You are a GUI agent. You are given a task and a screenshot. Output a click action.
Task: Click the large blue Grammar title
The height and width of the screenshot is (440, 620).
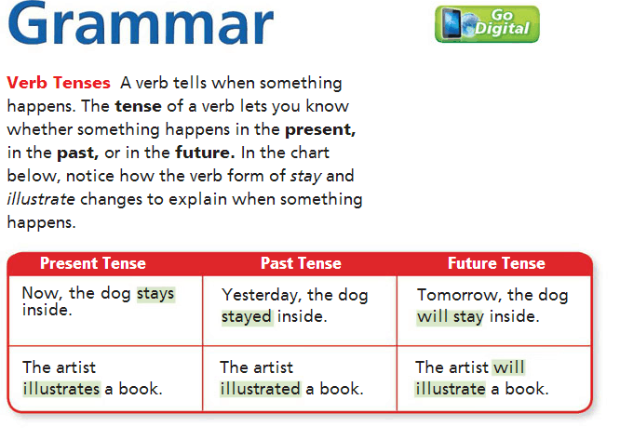pyautogui.click(x=141, y=23)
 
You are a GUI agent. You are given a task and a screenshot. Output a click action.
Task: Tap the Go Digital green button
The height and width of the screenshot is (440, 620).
pyautogui.click(x=487, y=24)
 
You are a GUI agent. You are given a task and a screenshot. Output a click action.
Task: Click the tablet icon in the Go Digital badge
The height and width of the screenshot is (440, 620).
pyautogui.click(x=452, y=23)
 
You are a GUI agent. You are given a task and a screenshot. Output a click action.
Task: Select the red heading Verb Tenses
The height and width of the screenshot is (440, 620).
pyautogui.click(x=59, y=83)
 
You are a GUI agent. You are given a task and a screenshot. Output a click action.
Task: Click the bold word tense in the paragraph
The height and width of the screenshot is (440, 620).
pyautogui.click(x=138, y=106)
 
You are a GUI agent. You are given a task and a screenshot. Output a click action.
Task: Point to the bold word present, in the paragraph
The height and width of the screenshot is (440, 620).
pyautogui.click(x=320, y=130)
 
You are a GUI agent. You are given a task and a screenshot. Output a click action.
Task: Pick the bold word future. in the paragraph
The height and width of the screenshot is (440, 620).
pyautogui.click(x=205, y=153)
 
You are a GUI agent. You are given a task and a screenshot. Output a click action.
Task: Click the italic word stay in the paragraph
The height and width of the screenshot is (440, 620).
pyautogui.click(x=306, y=177)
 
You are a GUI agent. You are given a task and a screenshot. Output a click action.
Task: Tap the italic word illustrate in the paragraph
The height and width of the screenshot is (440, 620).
pyautogui.click(x=41, y=199)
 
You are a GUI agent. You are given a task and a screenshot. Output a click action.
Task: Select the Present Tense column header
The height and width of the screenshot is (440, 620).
pyautogui.click(x=93, y=263)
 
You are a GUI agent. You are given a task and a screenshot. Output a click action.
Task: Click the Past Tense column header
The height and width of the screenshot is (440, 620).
pyautogui.click(x=301, y=263)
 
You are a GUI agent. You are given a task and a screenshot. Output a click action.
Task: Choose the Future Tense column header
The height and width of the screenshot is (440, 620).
pyautogui.click(x=496, y=263)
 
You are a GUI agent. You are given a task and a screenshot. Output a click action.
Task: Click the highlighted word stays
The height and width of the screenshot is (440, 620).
pyautogui.click(x=155, y=294)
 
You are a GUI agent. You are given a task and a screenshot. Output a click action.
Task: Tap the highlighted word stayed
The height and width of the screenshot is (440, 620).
pyautogui.click(x=247, y=317)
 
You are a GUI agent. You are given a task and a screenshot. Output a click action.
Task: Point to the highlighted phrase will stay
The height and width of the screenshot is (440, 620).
pyautogui.click(x=451, y=317)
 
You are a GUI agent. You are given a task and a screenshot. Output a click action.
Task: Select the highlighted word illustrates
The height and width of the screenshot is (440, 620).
pyautogui.click(x=61, y=389)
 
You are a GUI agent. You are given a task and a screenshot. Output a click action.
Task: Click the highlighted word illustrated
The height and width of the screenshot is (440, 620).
pyautogui.click(x=260, y=389)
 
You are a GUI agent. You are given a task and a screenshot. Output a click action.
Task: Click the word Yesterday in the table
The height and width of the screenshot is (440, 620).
pyautogui.click(x=262, y=296)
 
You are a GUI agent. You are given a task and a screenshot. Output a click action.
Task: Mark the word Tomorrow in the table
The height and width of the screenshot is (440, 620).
pyautogui.click(x=459, y=296)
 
